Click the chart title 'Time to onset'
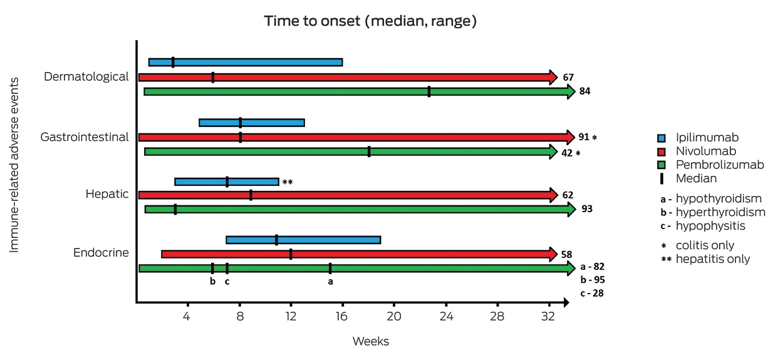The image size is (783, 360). tap(312, 21)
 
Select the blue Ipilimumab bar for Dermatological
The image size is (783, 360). tap(246, 62)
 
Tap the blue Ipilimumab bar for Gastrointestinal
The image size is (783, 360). tap(252, 123)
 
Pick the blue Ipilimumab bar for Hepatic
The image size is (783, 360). tap(227, 182)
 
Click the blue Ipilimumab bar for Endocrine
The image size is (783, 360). tap(303, 240)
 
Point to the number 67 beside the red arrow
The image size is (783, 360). tap(568, 77)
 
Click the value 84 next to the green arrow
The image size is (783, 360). tap(584, 91)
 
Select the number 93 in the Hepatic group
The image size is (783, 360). tap(587, 208)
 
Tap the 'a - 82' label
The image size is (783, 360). tap(593, 267)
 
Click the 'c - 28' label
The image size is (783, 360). tap(592, 293)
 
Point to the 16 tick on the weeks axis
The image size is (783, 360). tap(341, 316)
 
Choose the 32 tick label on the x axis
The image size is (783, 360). tap(548, 316)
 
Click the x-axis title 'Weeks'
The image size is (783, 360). tap(371, 341)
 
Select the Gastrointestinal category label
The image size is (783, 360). tap(85, 136)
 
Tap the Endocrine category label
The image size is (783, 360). tap(101, 252)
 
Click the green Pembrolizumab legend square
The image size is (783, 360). tap(661, 165)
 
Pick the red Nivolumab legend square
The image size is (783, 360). tap(661, 152)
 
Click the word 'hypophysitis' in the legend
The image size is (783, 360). tap(710, 226)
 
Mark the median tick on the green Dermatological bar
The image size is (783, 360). tap(429, 91)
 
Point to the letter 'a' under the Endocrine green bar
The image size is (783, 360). tap(330, 281)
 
